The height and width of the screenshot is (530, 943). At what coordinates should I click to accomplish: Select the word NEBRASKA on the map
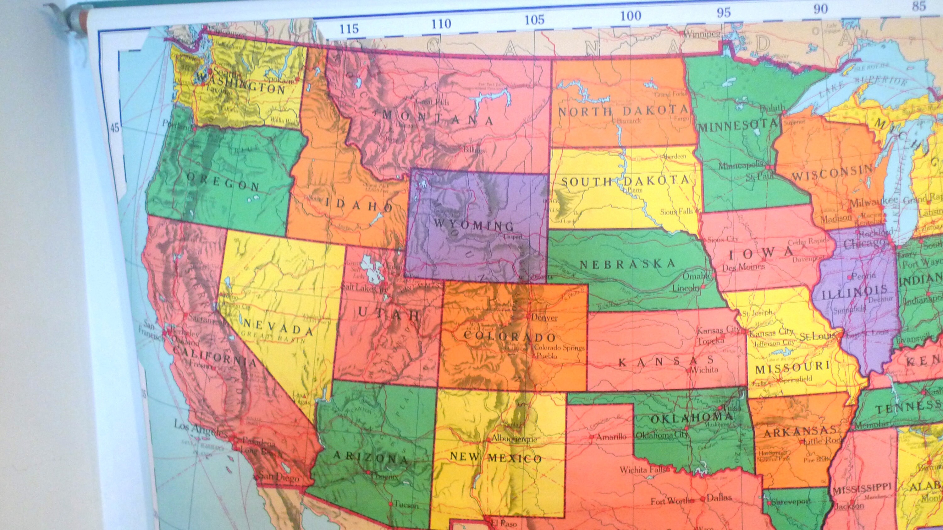click(x=627, y=264)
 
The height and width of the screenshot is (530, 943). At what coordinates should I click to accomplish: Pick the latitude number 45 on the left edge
click(x=115, y=128)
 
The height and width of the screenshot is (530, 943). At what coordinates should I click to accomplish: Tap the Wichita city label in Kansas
click(x=705, y=370)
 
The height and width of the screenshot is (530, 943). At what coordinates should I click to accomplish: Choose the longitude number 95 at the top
click(x=723, y=13)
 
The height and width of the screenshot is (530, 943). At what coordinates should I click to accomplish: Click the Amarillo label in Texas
click(x=611, y=437)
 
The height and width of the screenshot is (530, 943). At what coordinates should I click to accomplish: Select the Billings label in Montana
click(x=474, y=150)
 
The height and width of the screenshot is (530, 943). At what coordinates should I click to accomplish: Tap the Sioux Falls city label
click(x=676, y=211)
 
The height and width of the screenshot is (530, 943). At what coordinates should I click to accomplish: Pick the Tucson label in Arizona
click(x=406, y=505)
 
